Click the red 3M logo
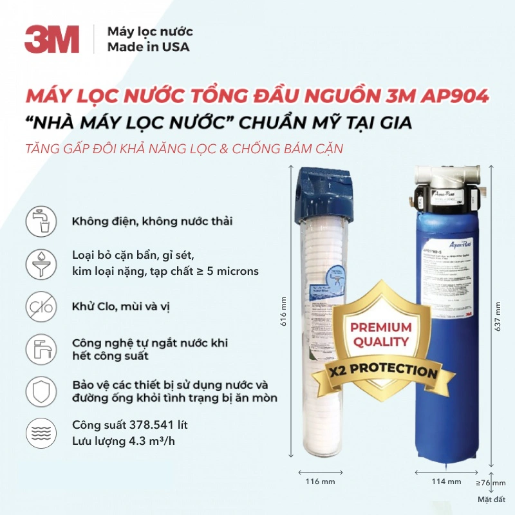click(52, 39)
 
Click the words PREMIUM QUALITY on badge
click(380, 335)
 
